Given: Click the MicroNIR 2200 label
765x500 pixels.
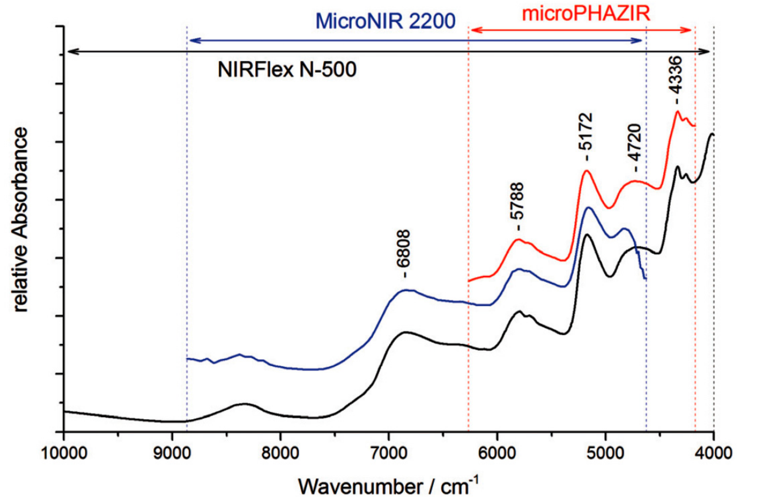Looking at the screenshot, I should [385, 22].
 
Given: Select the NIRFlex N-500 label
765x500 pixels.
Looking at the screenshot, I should [287, 69].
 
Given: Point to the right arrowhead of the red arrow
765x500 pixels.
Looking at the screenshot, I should [688, 30].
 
